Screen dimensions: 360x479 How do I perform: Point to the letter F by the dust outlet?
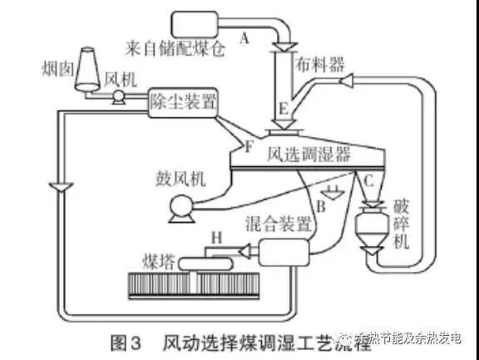(246, 147)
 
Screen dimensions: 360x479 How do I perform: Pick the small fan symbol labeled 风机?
(118, 97)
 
